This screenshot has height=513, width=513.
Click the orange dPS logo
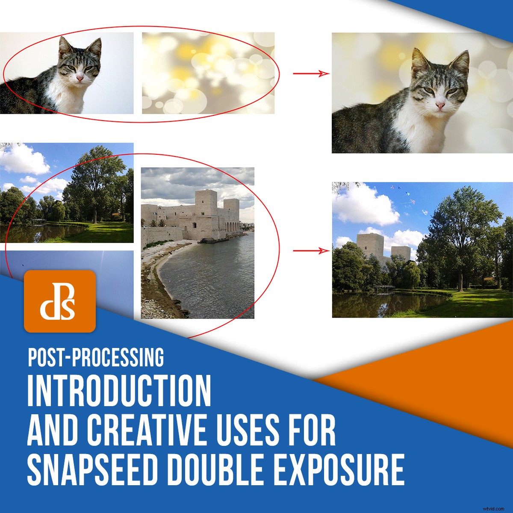60,301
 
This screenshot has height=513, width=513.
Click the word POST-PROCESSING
96,357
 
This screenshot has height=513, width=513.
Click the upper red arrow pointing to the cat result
311,74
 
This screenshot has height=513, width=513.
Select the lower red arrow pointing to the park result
311,251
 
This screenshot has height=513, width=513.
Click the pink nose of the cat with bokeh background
440,105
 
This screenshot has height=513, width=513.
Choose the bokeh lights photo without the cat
208,73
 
